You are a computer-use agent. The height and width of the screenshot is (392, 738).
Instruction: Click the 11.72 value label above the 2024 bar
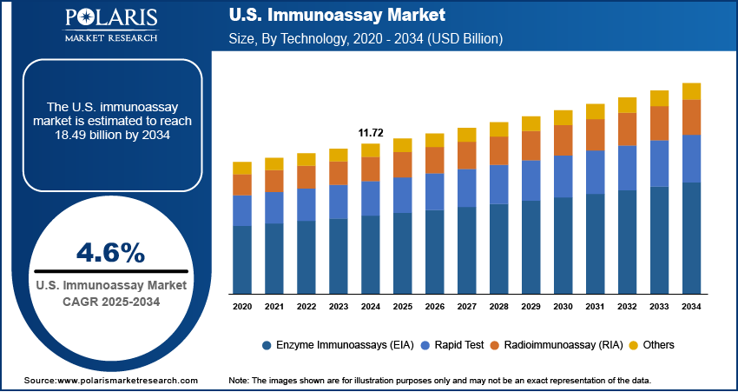371,132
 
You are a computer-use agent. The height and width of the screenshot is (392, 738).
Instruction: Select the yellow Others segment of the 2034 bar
691,91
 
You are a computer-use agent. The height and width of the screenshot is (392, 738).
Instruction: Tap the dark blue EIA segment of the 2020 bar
242,259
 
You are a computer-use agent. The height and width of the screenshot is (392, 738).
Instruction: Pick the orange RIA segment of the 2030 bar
563,140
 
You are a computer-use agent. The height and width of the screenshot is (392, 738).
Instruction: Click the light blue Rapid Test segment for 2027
466,188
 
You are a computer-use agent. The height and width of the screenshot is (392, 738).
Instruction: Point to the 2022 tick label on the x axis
306,307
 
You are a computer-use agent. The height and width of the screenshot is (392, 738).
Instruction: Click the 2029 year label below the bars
530,307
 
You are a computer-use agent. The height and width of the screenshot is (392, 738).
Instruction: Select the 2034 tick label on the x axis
691,307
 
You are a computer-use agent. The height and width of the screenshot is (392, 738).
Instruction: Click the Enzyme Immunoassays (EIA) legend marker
267,345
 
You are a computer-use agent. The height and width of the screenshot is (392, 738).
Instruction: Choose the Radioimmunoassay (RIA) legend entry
562,345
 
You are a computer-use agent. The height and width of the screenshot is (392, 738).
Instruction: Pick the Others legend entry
658,345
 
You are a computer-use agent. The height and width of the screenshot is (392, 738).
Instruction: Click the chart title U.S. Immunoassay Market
337,15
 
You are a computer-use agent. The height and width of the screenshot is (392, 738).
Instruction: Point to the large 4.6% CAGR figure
110,253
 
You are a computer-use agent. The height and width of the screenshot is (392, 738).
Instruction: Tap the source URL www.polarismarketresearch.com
128,381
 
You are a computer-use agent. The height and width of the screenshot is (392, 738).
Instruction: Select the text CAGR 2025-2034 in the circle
110,301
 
